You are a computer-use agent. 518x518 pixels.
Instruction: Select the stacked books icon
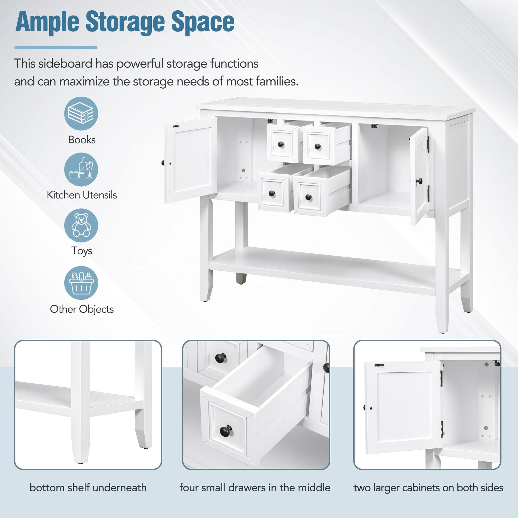[x=81, y=113]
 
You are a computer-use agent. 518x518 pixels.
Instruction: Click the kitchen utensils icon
[x=81, y=170]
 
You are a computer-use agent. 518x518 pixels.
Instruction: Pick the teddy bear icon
[x=81, y=225]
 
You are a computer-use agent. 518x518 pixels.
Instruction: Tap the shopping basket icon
[x=81, y=283]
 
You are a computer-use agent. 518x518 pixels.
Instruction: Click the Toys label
[x=82, y=251]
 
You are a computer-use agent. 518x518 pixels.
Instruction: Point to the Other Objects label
[x=82, y=309]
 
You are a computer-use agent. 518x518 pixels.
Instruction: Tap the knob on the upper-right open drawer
[x=318, y=146]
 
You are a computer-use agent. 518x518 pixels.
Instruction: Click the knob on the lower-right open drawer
[x=308, y=197]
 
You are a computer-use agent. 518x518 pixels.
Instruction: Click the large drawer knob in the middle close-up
[x=226, y=431]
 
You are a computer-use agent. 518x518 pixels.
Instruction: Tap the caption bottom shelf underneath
[x=88, y=488]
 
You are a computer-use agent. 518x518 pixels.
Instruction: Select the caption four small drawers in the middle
[x=255, y=488]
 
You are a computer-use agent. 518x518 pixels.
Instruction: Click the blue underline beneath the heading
[x=56, y=47]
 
